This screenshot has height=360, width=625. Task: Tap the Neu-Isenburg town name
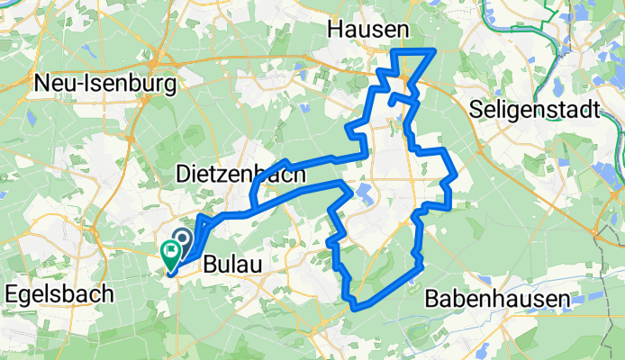(104, 84)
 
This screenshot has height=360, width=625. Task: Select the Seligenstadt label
(535, 111)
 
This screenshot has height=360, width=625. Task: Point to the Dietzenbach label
(242, 174)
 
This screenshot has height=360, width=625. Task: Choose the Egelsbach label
(60, 293)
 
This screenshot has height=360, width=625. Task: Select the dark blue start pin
(181, 238)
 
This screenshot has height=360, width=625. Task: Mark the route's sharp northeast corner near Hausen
(435, 50)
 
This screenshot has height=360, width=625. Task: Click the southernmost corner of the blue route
(356, 308)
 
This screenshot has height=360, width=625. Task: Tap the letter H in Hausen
(335, 30)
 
